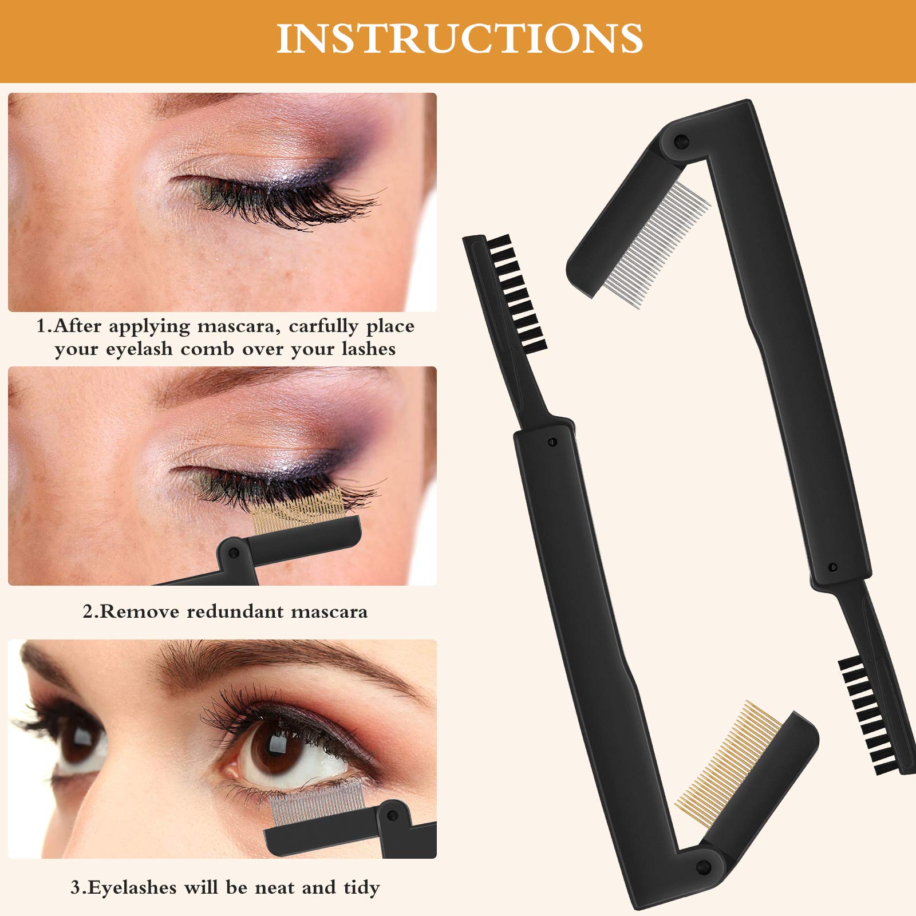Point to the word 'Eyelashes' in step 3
point(131,887)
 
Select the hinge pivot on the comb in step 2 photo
point(233,552)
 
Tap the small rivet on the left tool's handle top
point(552,441)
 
